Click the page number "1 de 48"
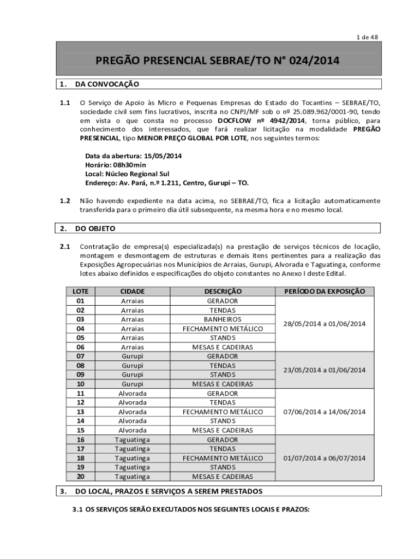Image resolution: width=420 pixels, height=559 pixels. coord(367,37)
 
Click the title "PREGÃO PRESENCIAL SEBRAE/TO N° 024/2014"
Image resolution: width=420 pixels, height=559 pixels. coord(218,61)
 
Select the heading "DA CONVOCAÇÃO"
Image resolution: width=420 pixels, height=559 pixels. coord(107,84)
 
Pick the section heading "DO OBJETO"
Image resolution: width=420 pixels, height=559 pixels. coord(95,228)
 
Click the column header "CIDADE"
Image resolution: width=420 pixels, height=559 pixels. coord(133,292)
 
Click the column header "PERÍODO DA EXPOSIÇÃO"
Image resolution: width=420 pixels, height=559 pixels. coord(325,292)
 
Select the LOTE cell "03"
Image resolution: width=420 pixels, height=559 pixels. coord(80,319)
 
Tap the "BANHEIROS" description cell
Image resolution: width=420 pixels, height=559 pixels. coord(223,319)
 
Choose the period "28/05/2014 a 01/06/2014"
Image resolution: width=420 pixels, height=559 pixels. coord(325,324)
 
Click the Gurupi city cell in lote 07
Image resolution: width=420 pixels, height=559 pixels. coord(133,356)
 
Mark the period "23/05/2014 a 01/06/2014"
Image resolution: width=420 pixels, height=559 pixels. coord(325,370)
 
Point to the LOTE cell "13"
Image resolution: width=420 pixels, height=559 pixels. coord(80,412)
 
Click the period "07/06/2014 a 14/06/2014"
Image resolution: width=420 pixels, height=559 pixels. coord(325,412)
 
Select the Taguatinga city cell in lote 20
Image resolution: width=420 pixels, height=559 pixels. coord(133,477)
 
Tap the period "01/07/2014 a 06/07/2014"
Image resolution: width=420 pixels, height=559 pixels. coord(325,458)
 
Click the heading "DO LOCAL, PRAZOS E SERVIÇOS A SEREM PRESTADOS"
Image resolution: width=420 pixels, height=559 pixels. coord(169,491)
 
